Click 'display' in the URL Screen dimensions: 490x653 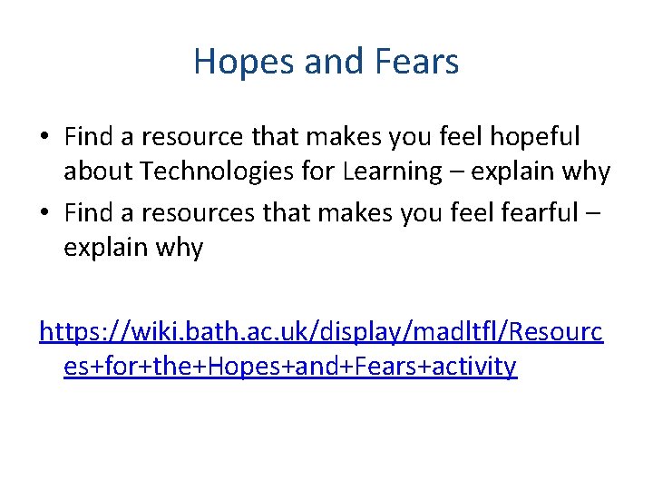point(354,333)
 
